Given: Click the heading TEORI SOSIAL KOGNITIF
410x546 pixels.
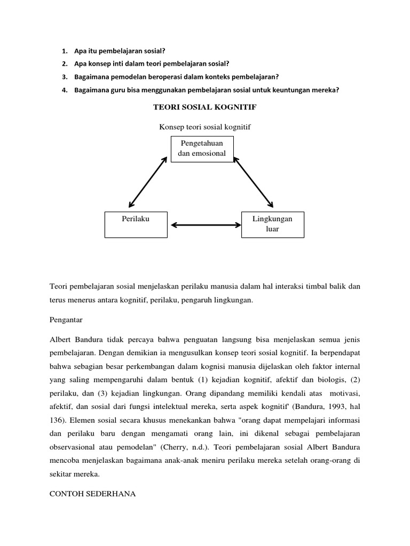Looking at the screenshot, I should click(x=205, y=108).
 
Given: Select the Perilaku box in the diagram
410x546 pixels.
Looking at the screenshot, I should click(x=136, y=224).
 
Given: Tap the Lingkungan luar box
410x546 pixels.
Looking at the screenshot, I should click(x=273, y=224).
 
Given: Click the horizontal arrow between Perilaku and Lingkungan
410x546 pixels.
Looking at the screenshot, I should click(x=204, y=225).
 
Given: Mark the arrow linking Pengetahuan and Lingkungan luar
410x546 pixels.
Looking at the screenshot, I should click(x=254, y=182).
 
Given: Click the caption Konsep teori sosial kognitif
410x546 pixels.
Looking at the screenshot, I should click(x=205, y=127).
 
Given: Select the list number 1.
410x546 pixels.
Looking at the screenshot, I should click(x=64, y=51).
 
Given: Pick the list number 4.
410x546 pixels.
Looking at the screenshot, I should click(x=64, y=90).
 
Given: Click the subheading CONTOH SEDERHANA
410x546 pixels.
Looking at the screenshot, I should click(x=92, y=494).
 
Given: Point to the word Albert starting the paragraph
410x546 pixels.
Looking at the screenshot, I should click(x=60, y=339).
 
